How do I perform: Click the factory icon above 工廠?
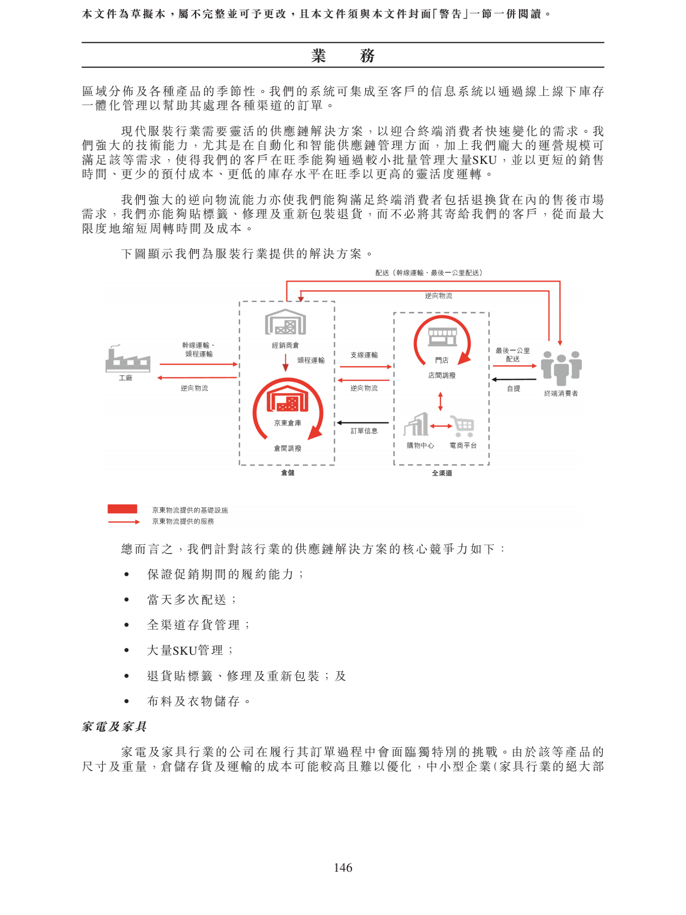(x=127, y=359)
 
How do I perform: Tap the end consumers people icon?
(x=561, y=367)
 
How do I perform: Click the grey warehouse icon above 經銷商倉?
(x=285, y=323)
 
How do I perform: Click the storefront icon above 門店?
(x=442, y=337)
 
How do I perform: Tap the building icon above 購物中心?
(x=417, y=424)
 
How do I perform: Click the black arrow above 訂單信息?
(x=363, y=423)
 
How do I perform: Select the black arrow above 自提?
(x=513, y=379)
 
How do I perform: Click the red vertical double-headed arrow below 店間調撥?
(x=440, y=401)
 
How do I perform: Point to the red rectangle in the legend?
(x=123, y=509)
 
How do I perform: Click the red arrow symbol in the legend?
(x=123, y=522)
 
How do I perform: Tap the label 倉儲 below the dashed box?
(x=288, y=472)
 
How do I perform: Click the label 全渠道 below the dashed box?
(x=442, y=473)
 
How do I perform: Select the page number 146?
(x=343, y=867)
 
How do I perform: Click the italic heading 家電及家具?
(x=114, y=726)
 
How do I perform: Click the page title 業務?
(x=343, y=55)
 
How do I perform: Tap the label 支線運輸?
(x=364, y=355)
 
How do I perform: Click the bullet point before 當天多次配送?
(x=126, y=600)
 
